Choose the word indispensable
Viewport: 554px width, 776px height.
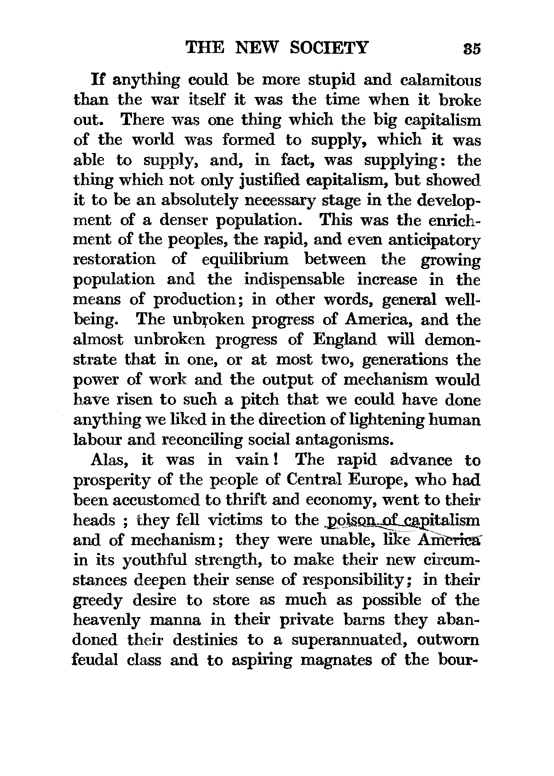point(294,280)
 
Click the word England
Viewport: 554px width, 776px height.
point(345,340)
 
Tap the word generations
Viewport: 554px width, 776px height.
point(405,360)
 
